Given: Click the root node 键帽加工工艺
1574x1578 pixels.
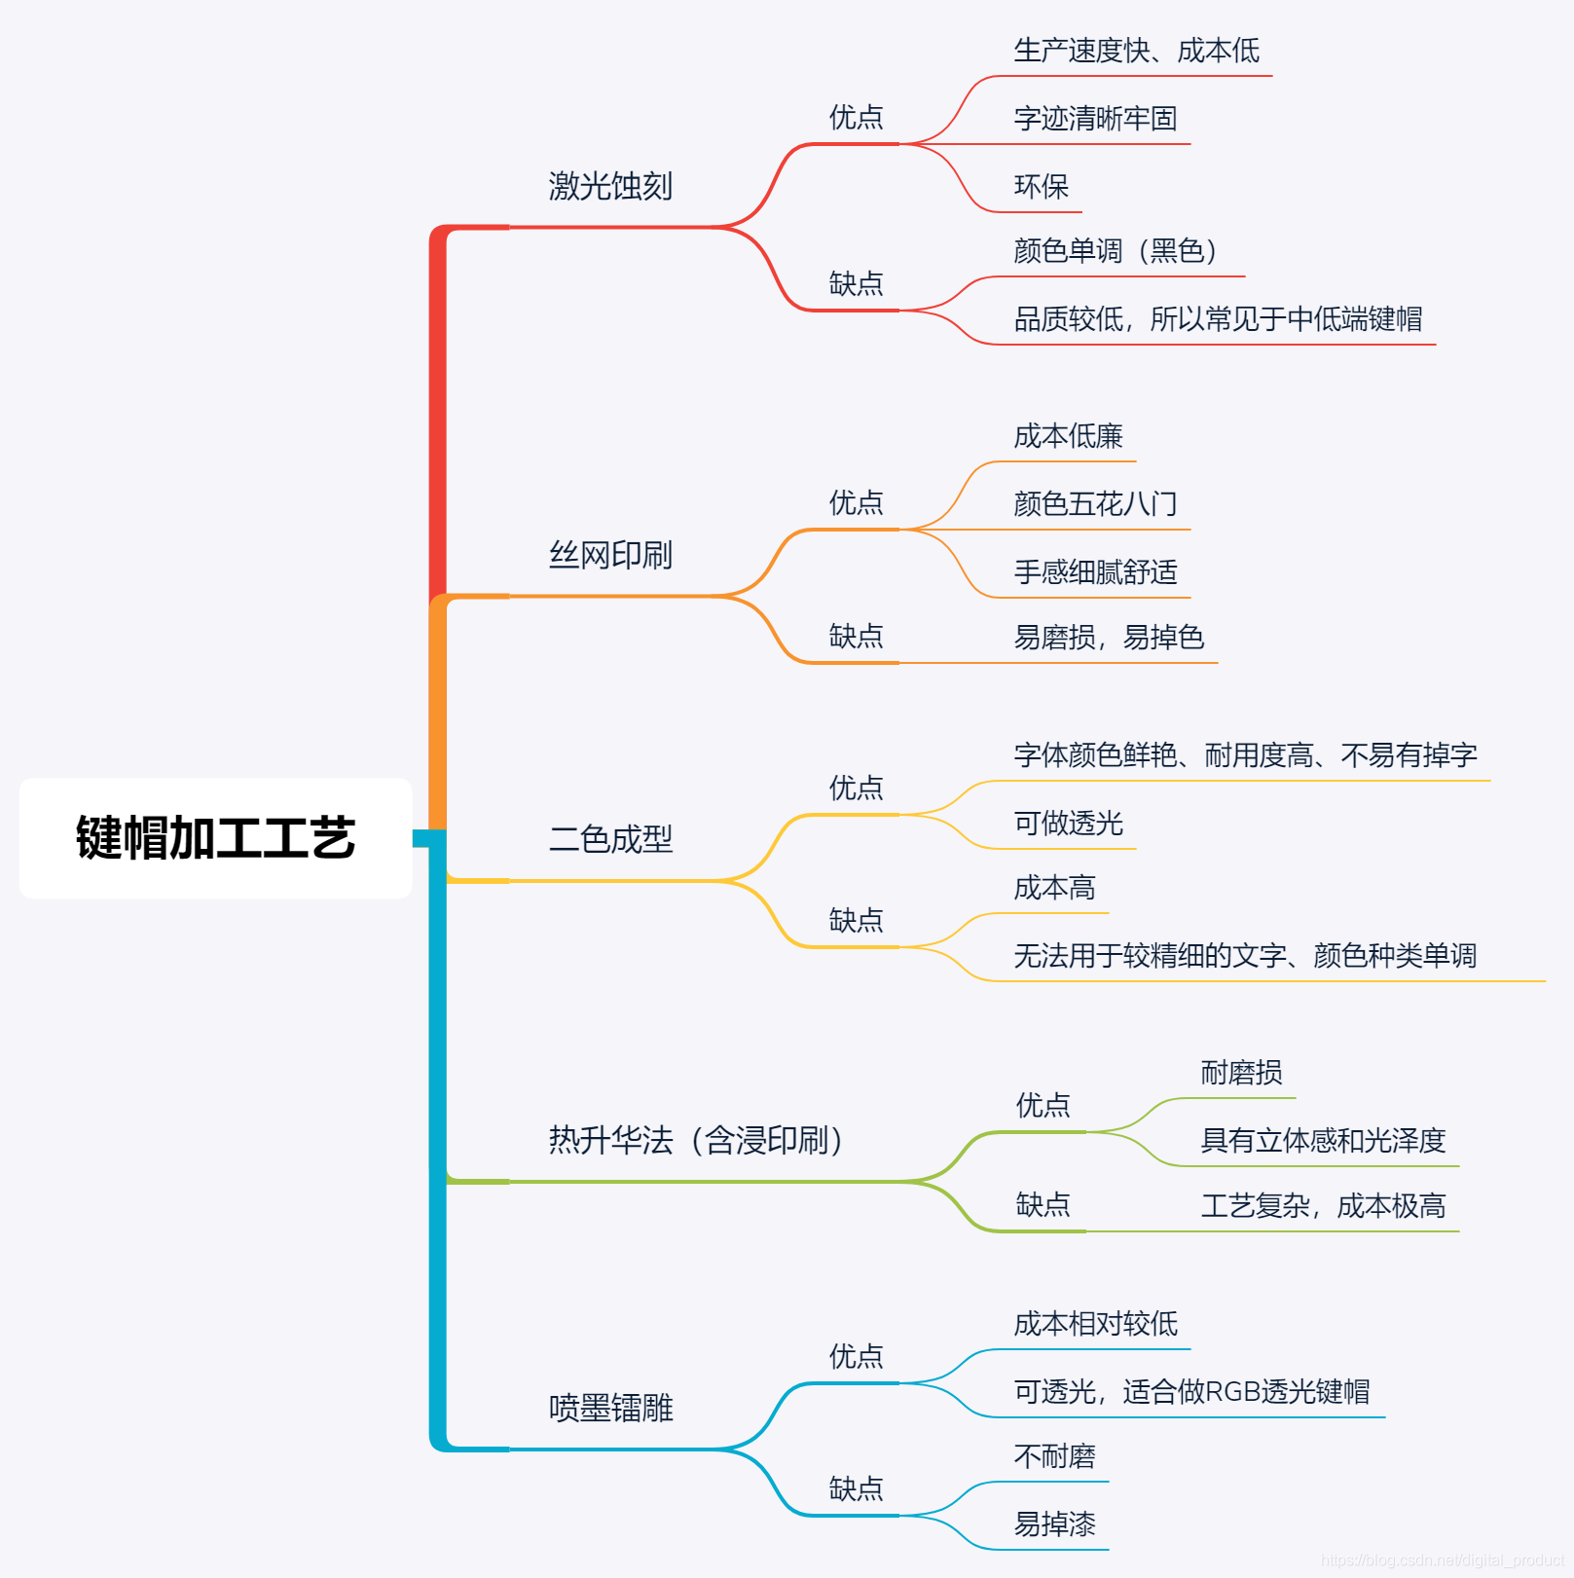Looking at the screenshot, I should tap(215, 838).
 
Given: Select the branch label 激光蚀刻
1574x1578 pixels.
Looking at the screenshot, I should tap(610, 186).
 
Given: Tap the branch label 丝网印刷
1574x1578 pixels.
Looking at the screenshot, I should tap(610, 555).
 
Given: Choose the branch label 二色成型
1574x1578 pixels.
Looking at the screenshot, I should tap(610, 839).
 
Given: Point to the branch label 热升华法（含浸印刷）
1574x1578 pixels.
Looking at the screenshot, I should tap(695, 1140).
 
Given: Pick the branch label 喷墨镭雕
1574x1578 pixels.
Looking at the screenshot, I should tap(610, 1408).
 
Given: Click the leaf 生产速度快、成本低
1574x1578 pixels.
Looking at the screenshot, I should tap(1136, 51).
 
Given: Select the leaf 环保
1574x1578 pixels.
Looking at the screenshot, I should tap(1041, 186).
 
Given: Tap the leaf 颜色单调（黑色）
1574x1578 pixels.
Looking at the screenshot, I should tap(1116, 251).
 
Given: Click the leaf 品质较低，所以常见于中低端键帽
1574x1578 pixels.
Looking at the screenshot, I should tap(1218, 319).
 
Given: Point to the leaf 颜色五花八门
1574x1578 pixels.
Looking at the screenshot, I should tap(1095, 504).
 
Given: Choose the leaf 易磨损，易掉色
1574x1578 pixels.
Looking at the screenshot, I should tap(1109, 638).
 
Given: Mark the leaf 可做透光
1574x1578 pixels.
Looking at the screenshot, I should tap(1068, 824).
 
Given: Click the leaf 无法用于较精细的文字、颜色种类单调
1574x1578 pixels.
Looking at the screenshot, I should tap(1245, 956).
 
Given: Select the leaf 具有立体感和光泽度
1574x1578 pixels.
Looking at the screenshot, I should tap(1323, 1141).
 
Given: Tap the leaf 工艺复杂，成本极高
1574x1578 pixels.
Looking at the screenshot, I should tap(1323, 1206).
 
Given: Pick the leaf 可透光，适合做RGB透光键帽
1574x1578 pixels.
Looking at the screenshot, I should tap(1191, 1392).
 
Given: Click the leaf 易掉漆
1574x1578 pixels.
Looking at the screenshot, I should tap(1054, 1524).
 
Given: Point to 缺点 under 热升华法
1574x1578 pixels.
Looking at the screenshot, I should tap(1043, 1205).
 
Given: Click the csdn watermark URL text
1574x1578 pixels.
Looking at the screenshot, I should tap(1442, 1560).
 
